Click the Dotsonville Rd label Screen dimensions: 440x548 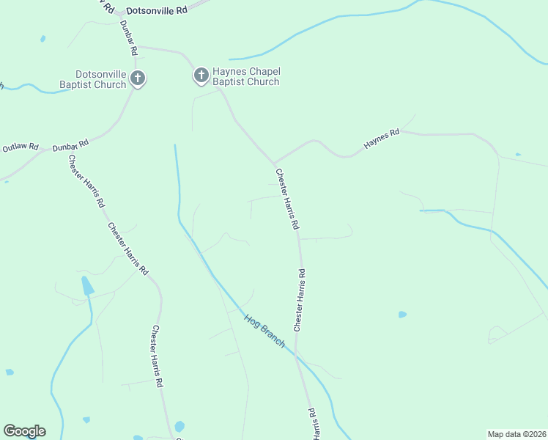(x=158, y=11)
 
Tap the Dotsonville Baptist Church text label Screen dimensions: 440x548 (x=101, y=79)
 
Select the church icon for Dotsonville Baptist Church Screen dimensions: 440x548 (x=137, y=78)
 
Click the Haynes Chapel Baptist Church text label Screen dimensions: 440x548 (x=246, y=76)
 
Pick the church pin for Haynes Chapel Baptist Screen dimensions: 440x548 (x=201, y=74)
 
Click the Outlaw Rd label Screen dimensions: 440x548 (x=20, y=147)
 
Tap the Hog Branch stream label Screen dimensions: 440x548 (x=264, y=330)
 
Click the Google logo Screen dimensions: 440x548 (x=24, y=431)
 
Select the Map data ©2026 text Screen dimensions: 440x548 (x=516, y=433)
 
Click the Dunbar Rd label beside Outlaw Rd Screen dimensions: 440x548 (x=70, y=144)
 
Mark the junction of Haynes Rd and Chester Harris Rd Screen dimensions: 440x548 (x=274, y=163)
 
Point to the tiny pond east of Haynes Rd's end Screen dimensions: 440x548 (x=518, y=155)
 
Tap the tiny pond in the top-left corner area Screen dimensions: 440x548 (x=42, y=38)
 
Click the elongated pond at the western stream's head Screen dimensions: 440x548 (x=87, y=286)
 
